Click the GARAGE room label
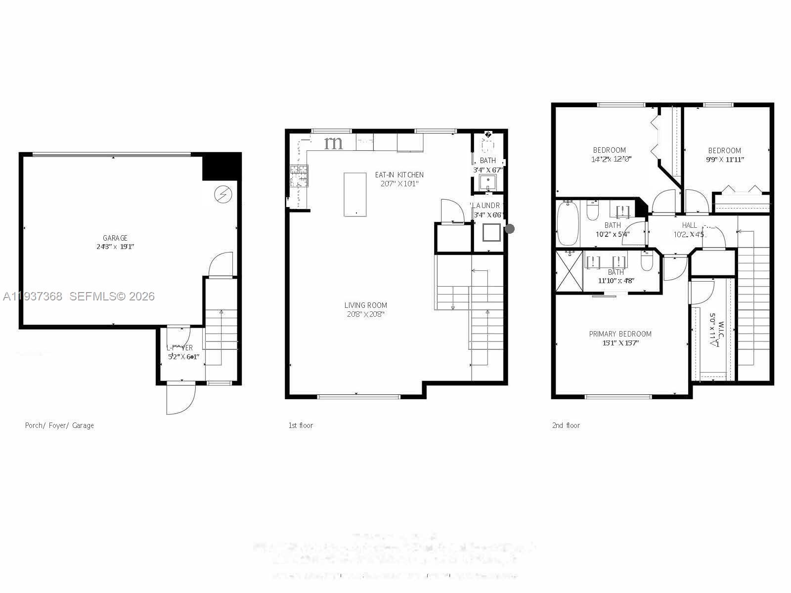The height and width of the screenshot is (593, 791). (115, 238)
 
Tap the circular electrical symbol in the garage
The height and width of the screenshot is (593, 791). (223, 194)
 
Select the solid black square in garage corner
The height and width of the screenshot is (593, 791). (221, 167)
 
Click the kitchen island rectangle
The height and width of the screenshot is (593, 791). (355, 194)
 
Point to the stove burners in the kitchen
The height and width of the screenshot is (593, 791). (299, 175)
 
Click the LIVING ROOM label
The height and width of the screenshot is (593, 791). (365, 305)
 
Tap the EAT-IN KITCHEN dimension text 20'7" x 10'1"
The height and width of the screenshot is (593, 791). (399, 183)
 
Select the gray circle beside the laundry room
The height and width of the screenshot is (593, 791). (510, 229)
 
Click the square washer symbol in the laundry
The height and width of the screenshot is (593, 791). (491, 232)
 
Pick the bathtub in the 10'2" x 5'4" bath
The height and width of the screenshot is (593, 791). (568, 223)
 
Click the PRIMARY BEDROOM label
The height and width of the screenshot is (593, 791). (620, 334)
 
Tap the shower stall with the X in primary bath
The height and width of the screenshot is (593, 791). (570, 271)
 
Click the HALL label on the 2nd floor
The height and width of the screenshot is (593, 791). (689, 225)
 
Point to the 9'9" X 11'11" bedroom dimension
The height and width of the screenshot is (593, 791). (725, 159)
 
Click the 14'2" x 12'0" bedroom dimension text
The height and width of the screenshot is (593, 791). (611, 159)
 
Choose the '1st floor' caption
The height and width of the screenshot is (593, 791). (301, 425)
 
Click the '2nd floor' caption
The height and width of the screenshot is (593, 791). (566, 425)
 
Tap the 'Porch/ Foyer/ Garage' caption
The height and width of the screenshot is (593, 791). (59, 425)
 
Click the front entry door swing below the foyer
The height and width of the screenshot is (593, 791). (180, 399)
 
